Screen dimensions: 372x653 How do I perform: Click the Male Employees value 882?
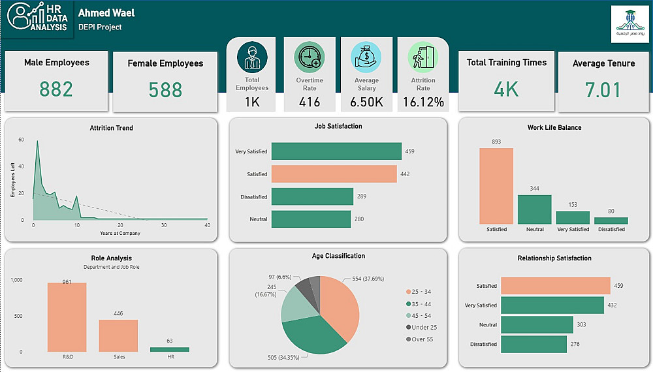(x=56, y=89)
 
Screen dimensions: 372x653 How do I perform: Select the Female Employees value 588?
(x=165, y=89)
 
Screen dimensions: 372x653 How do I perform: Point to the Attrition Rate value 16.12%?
(x=423, y=102)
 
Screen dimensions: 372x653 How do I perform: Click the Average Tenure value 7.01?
(x=603, y=89)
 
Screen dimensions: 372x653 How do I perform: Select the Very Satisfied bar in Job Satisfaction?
(x=336, y=151)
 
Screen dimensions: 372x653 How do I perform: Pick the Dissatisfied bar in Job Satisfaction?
(x=311, y=196)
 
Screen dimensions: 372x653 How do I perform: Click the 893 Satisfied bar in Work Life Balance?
(x=496, y=186)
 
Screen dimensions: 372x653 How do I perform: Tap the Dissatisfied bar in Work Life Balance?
(x=611, y=221)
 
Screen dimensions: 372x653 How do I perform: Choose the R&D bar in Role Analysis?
(x=67, y=317)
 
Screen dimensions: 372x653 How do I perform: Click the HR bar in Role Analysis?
(x=170, y=350)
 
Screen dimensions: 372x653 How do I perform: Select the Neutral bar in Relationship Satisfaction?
(x=537, y=325)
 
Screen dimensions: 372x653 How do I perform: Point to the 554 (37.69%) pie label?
(x=370, y=279)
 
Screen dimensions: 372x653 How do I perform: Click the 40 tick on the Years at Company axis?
(x=207, y=226)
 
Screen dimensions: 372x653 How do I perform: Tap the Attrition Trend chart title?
(x=111, y=128)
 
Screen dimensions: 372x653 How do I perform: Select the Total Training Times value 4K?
(x=506, y=89)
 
